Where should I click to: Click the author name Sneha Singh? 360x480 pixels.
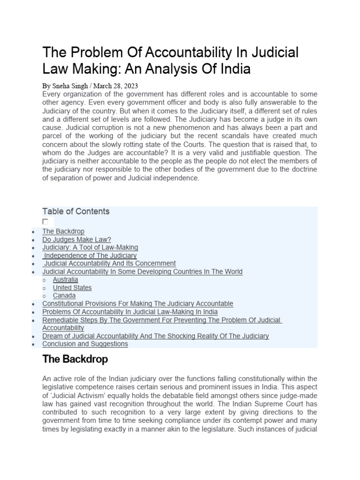(x=68, y=86)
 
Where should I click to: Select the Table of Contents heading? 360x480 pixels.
(x=75, y=211)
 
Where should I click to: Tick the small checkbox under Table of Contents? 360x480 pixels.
(x=45, y=221)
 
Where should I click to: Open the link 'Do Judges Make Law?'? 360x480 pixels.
(x=76, y=239)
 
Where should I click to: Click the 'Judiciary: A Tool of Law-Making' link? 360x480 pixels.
(x=90, y=247)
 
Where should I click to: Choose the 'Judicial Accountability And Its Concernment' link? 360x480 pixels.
(x=110, y=263)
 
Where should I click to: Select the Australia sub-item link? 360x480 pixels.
(x=65, y=279)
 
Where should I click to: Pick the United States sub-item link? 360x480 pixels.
(x=72, y=287)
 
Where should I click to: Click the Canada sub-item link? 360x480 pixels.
(x=64, y=296)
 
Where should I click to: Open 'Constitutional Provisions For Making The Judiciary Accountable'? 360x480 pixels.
(x=137, y=304)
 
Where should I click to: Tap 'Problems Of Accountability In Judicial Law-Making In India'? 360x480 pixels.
(x=130, y=312)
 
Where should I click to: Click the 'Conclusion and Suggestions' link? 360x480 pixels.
(x=85, y=344)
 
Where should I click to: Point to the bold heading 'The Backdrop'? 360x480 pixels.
(x=75, y=360)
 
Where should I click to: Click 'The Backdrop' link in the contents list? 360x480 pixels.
(x=63, y=231)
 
